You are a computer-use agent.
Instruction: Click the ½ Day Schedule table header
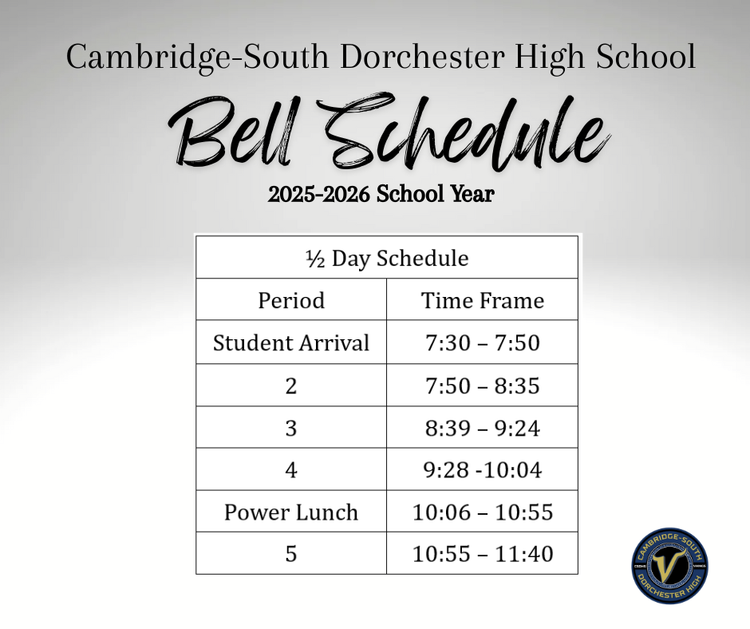pyautogui.click(x=386, y=258)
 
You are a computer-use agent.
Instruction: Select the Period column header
pyautogui.click(x=291, y=300)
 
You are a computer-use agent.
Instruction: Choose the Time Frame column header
pyautogui.click(x=482, y=300)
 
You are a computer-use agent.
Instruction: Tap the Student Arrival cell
pyautogui.click(x=291, y=342)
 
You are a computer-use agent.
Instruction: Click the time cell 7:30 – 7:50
pyautogui.click(x=482, y=342)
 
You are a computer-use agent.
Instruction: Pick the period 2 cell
pyautogui.click(x=291, y=386)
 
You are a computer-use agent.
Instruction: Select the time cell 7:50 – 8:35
pyautogui.click(x=482, y=386)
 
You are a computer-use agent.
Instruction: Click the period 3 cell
pyautogui.click(x=291, y=428)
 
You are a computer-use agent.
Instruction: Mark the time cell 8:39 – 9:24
pyautogui.click(x=482, y=428)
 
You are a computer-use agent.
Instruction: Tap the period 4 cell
pyautogui.click(x=291, y=470)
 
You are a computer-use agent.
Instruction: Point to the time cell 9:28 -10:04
pyautogui.click(x=482, y=470)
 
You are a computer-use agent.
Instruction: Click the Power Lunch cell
pyautogui.click(x=291, y=512)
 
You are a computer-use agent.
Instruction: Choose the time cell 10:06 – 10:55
pyautogui.click(x=482, y=512)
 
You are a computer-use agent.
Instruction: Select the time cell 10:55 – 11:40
pyautogui.click(x=482, y=553)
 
